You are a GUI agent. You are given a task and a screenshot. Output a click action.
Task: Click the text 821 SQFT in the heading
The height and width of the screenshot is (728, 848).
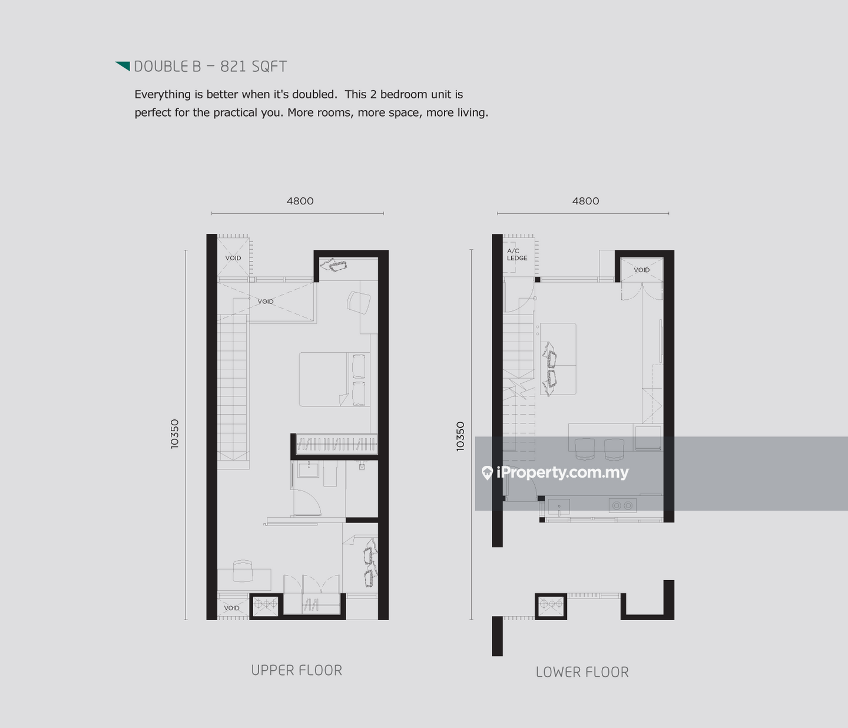tap(253, 67)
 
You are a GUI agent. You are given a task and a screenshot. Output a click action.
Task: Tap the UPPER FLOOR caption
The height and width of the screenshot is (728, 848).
tap(297, 670)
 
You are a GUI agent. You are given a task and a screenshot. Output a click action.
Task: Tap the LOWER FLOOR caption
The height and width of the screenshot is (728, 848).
tap(582, 672)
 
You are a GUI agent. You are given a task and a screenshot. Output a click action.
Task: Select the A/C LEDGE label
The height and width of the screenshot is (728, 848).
tap(517, 254)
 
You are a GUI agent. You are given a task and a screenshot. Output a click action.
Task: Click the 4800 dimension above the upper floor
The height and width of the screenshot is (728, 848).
tap(300, 201)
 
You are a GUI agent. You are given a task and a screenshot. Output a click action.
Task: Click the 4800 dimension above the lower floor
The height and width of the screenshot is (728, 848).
tap(585, 201)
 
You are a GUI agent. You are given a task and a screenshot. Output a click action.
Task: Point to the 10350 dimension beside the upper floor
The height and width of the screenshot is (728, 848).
tap(175, 434)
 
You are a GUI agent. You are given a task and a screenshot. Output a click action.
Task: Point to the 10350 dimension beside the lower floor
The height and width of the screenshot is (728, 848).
tap(461, 436)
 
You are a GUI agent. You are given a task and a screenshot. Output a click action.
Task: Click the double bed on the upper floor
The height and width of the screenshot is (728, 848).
tap(334, 379)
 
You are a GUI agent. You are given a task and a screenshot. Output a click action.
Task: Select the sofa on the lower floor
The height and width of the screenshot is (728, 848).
tap(558, 359)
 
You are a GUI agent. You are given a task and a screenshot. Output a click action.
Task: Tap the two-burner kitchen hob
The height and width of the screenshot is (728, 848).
tap(622, 505)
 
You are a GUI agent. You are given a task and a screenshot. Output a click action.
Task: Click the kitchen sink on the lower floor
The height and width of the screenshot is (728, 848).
tap(559, 507)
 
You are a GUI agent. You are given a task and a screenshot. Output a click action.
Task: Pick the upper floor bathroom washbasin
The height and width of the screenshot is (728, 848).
tap(308, 469)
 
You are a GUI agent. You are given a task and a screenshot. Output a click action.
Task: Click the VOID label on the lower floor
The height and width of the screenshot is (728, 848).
tap(642, 270)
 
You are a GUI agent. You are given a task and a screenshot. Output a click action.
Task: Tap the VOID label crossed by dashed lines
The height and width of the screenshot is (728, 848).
tap(266, 301)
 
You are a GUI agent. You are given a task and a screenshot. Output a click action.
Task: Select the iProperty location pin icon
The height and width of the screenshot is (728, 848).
tap(487, 473)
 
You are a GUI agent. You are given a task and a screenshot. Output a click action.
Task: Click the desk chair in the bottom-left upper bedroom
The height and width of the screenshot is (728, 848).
tap(243, 571)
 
